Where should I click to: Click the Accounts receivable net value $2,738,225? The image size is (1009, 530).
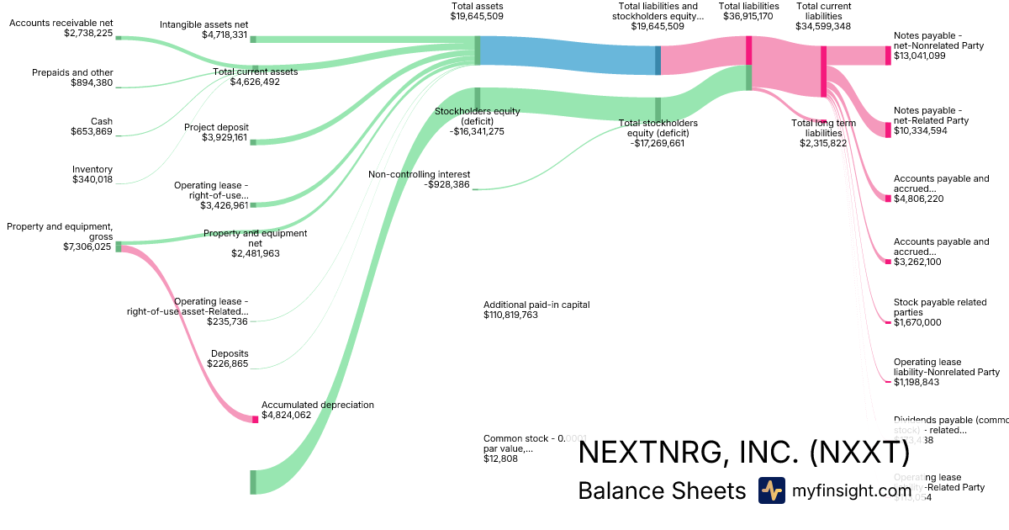pyautogui.click(x=87, y=34)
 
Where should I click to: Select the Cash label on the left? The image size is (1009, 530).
pyautogui.click(x=101, y=121)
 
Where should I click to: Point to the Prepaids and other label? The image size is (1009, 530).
pyautogui.click(x=72, y=72)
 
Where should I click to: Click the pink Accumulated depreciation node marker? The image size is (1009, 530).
pyautogui.click(x=255, y=419)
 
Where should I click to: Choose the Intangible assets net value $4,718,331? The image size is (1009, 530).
pyautogui.click(x=225, y=35)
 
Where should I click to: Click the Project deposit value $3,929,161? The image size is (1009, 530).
pyautogui.click(x=225, y=137)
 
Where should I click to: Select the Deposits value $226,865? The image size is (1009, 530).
pyautogui.click(x=228, y=363)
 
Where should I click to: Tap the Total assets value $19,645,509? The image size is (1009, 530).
pyautogui.click(x=477, y=16)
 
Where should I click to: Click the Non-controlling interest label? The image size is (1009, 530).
pyautogui.click(x=419, y=174)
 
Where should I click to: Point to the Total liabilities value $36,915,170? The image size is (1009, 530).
pyautogui.click(x=748, y=16)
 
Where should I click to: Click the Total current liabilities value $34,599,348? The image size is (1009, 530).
pyautogui.click(x=823, y=26)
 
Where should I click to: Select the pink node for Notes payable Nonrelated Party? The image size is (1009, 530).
pyautogui.click(x=887, y=56)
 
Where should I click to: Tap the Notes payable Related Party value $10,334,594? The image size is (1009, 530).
pyautogui.click(x=932, y=130)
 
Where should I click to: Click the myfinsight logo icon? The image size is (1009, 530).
pyautogui.click(x=772, y=490)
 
